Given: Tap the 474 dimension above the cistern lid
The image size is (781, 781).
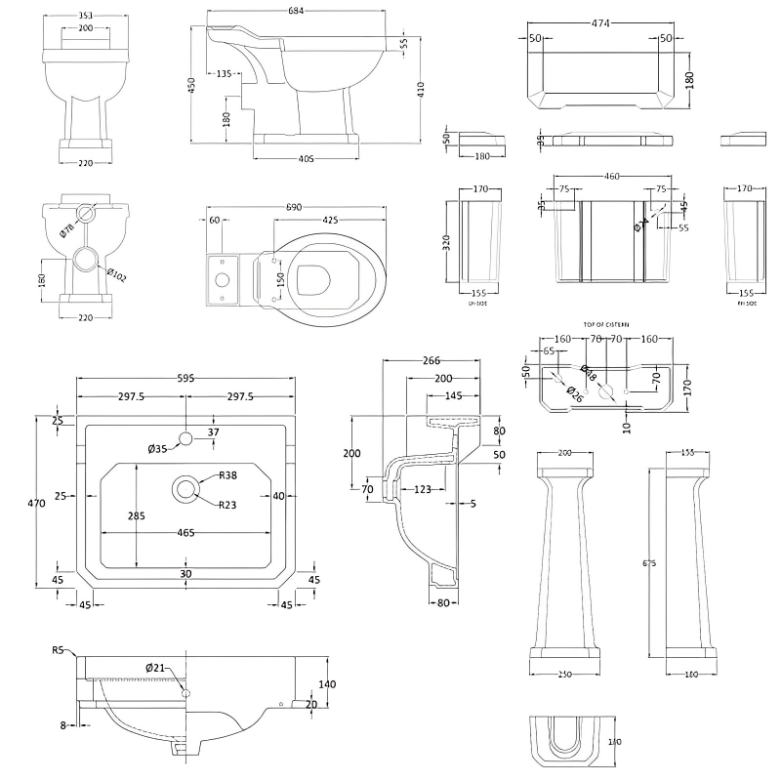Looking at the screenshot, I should [x=598, y=21].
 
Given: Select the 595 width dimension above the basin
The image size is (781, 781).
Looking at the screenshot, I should [x=185, y=376].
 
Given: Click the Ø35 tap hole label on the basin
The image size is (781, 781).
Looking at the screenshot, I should [x=158, y=448].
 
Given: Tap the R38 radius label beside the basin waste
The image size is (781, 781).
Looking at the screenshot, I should [x=227, y=474].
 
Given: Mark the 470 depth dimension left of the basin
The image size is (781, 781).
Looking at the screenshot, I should [x=36, y=504].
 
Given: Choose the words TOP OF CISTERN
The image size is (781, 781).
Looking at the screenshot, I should [x=606, y=323].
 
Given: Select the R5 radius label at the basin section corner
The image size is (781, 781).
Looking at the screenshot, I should [x=58, y=649].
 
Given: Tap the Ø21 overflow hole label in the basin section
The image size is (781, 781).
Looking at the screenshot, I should [x=155, y=667].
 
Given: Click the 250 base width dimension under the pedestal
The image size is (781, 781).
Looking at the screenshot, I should [x=566, y=676].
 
